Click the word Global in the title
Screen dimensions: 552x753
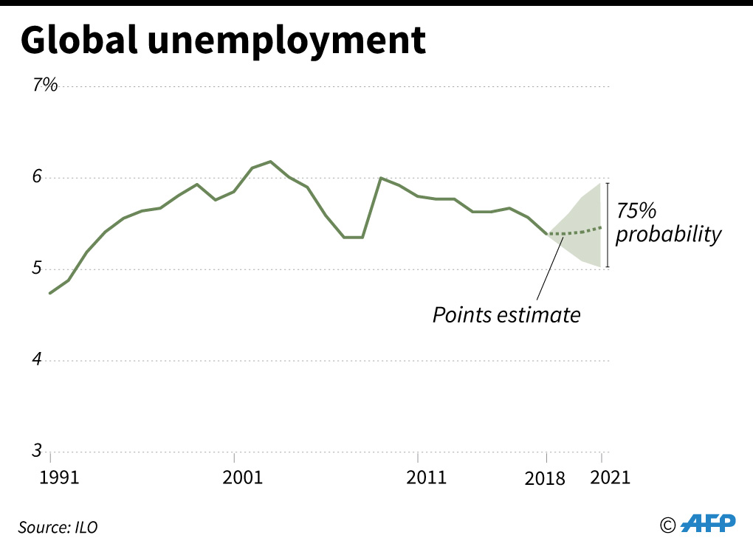coord(79,41)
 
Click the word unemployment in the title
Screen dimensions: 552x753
coord(286,43)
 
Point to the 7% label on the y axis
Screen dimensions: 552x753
coord(45,86)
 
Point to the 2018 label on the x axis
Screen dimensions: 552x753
coord(545,477)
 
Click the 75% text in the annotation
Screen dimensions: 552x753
coord(636,211)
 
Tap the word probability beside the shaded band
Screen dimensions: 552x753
coord(667,235)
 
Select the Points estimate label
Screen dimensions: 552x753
coord(506,314)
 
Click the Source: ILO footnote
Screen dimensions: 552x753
coord(58,527)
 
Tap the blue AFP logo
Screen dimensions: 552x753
coord(708,523)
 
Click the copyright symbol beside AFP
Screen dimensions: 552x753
coord(667,525)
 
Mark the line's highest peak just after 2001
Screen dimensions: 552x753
coord(270,161)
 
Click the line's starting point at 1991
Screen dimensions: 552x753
coord(50,293)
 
